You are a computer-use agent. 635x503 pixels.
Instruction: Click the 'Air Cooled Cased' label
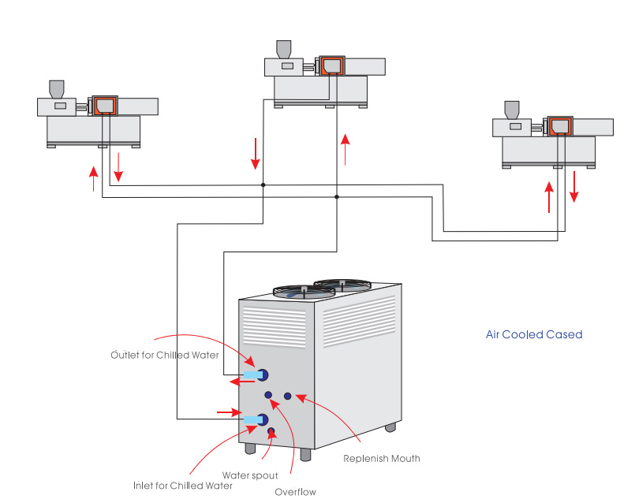pyautogui.click(x=534, y=334)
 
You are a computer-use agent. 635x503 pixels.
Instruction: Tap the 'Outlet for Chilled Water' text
pyautogui.click(x=165, y=355)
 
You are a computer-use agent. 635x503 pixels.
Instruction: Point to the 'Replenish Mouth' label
pyautogui.click(x=382, y=458)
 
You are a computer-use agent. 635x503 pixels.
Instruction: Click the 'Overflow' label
pyautogui.click(x=295, y=493)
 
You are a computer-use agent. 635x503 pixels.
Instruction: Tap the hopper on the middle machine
pyautogui.click(x=283, y=48)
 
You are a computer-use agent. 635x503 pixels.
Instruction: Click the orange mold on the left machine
pyautogui.click(x=104, y=105)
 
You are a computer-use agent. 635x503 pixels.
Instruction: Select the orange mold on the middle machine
pyautogui.click(x=331, y=65)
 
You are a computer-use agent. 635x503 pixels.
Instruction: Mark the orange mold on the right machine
pyautogui.click(x=560, y=126)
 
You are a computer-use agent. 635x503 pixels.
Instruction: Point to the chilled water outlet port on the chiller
pyautogui.click(x=263, y=374)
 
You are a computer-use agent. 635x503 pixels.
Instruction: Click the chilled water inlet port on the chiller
pyautogui.click(x=263, y=419)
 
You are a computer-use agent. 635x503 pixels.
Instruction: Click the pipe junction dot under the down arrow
pyautogui.click(x=263, y=185)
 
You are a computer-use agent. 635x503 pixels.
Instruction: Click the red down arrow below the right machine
pyautogui.click(x=574, y=186)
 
